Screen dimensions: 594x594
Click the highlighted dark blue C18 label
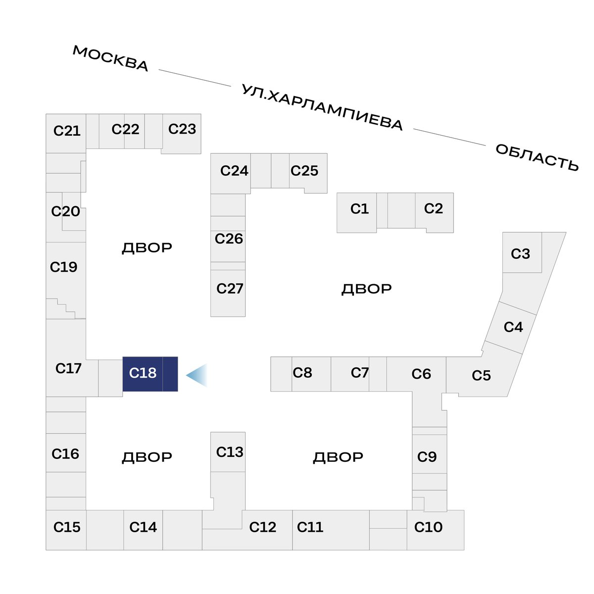pos(143,373)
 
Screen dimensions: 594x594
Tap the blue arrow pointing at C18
pos(197,375)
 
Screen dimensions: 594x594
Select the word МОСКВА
pos(110,58)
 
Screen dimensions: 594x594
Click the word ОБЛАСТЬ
pos(537,157)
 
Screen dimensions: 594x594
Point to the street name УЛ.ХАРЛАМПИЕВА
pos(322,107)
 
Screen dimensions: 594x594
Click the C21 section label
pos(67,131)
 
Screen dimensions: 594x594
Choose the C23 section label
pos(182,129)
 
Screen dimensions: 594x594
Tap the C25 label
pos(304,171)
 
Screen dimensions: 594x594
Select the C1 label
pos(359,209)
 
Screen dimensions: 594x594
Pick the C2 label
pos(434,208)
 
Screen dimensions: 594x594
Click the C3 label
pos(520,254)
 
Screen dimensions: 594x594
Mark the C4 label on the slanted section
pos(513,327)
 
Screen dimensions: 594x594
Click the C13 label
pos(230,452)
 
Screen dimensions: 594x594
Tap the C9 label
pos(427,457)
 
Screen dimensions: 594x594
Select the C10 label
pos(428,527)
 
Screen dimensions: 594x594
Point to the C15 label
pos(67,527)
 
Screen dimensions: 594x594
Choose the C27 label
pos(230,289)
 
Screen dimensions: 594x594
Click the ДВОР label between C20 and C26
pos(147,248)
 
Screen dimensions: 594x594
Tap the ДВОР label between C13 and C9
pos(338,457)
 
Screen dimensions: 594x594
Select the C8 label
pos(302,373)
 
